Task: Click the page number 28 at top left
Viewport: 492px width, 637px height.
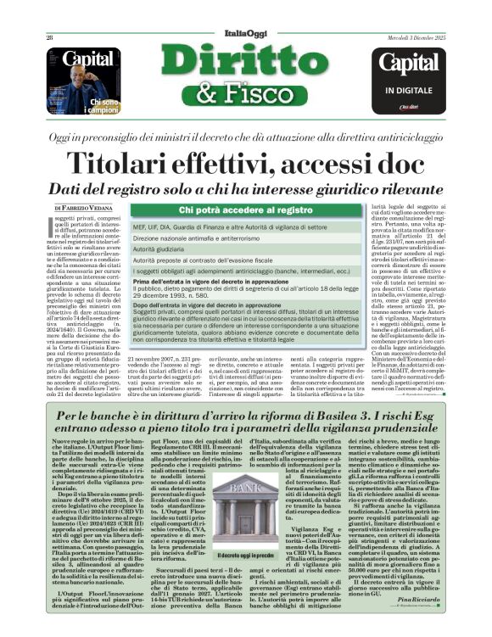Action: pyautogui.click(x=50, y=38)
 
